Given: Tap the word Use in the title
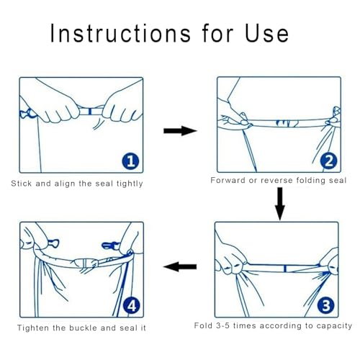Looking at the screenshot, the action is tap(266, 33).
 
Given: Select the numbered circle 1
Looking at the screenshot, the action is tap(130, 161).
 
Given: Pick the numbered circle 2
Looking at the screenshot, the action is tap(328, 161).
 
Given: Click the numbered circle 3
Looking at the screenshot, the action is tap(325, 305).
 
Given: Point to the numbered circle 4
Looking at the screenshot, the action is tap(132, 306).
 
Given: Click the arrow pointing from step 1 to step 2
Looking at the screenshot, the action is tap(180, 131).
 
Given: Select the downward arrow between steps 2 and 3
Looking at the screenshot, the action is tap(280, 204).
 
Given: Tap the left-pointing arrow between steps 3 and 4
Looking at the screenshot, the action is tap(180, 266).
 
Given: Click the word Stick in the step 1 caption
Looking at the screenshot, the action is tap(22, 184).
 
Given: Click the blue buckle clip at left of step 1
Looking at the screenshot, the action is tap(27, 114).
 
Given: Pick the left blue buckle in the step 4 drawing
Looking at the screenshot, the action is tap(53, 243).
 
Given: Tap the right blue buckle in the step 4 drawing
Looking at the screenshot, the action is tap(110, 246).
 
